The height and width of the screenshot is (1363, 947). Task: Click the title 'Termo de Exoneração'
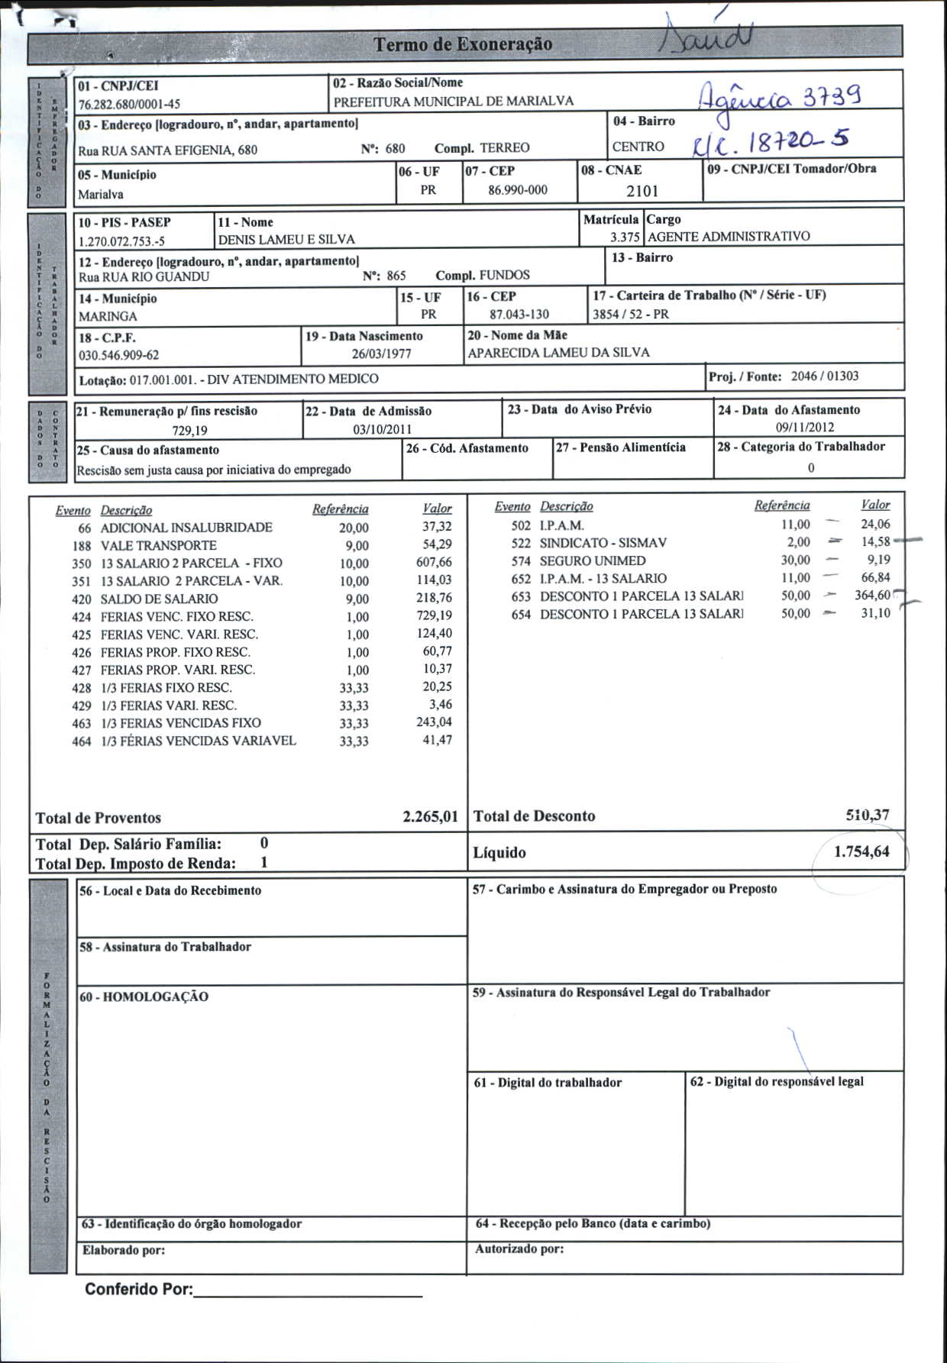pyautogui.click(x=463, y=44)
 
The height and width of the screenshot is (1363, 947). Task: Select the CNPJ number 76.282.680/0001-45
pyautogui.click(x=129, y=104)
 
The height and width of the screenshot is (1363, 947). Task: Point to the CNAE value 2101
pyautogui.click(x=642, y=191)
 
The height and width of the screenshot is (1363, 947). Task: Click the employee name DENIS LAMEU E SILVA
pyautogui.click(x=286, y=240)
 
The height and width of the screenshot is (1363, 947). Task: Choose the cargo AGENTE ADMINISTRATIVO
pyautogui.click(x=729, y=237)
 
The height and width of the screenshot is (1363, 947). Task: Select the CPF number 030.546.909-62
pyautogui.click(x=119, y=355)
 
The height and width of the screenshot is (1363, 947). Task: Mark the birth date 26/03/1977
pyautogui.click(x=381, y=354)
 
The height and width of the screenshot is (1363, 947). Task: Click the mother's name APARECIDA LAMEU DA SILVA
pyautogui.click(x=558, y=353)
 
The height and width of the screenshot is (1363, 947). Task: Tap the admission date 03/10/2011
pyautogui.click(x=382, y=429)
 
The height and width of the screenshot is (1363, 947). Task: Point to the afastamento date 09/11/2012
pyautogui.click(x=804, y=428)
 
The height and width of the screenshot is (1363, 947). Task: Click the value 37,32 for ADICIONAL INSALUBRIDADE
pyautogui.click(x=437, y=527)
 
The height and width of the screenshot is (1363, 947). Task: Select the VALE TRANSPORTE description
pyautogui.click(x=158, y=545)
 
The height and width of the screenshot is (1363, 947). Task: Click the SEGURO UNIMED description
pyautogui.click(x=592, y=560)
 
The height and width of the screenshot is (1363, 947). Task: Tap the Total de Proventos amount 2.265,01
pyautogui.click(x=430, y=817)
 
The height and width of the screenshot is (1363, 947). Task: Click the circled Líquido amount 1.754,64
pyautogui.click(x=861, y=852)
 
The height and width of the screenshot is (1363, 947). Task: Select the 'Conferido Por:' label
pyautogui.click(x=139, y=1289)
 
